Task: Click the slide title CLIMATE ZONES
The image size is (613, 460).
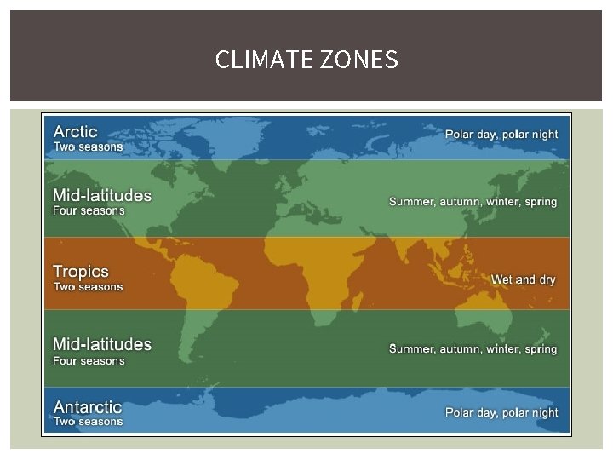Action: point(306,60)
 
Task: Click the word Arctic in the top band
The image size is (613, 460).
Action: point(76,132)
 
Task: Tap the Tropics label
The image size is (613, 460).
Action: point(81,272)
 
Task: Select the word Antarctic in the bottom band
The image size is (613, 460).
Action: point(88,407)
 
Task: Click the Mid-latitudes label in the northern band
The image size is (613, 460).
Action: point(102,195)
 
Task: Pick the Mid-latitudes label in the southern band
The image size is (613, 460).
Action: point(102,345)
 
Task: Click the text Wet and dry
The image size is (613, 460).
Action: point(524,279)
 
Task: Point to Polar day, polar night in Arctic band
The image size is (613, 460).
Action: point(501,135)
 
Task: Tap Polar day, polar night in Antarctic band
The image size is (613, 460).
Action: point(501,412)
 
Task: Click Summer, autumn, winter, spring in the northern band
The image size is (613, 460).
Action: point(473,202)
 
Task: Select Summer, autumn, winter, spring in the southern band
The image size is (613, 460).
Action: point(473,349)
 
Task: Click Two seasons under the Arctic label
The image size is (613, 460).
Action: point(89,147)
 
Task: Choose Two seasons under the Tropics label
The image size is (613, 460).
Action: point(89,287)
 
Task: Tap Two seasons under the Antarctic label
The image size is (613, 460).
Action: point(89,421)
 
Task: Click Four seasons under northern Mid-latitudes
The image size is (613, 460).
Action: point(89,210)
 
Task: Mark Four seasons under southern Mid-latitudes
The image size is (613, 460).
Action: point(89,360)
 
